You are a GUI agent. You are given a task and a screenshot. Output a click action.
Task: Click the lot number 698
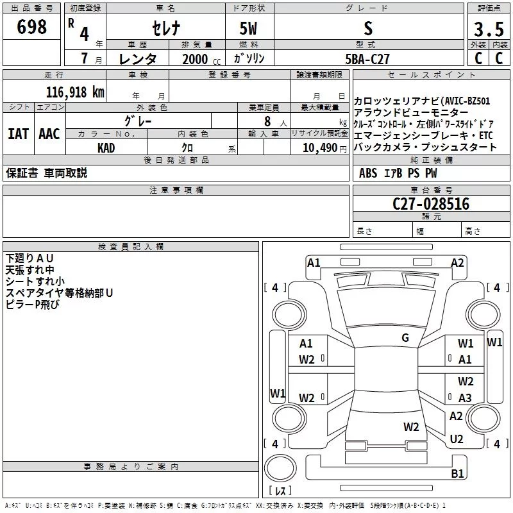coord(31,26)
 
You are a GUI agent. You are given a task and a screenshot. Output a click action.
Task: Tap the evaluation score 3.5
coord(489,29)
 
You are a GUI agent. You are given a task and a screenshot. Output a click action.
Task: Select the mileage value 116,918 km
coord(75,92)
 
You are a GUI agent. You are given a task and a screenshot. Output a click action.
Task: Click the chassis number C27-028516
coord(431,204)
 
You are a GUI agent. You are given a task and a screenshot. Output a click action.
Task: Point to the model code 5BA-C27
coord(367,59)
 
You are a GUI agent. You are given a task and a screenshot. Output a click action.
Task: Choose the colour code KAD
coord(106,148)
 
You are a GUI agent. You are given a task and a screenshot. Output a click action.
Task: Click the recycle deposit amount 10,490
coord(320,147)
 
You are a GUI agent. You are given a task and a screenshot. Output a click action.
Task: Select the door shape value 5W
coord(248,28)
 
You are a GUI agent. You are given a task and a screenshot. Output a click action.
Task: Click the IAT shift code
coord(18,134)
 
